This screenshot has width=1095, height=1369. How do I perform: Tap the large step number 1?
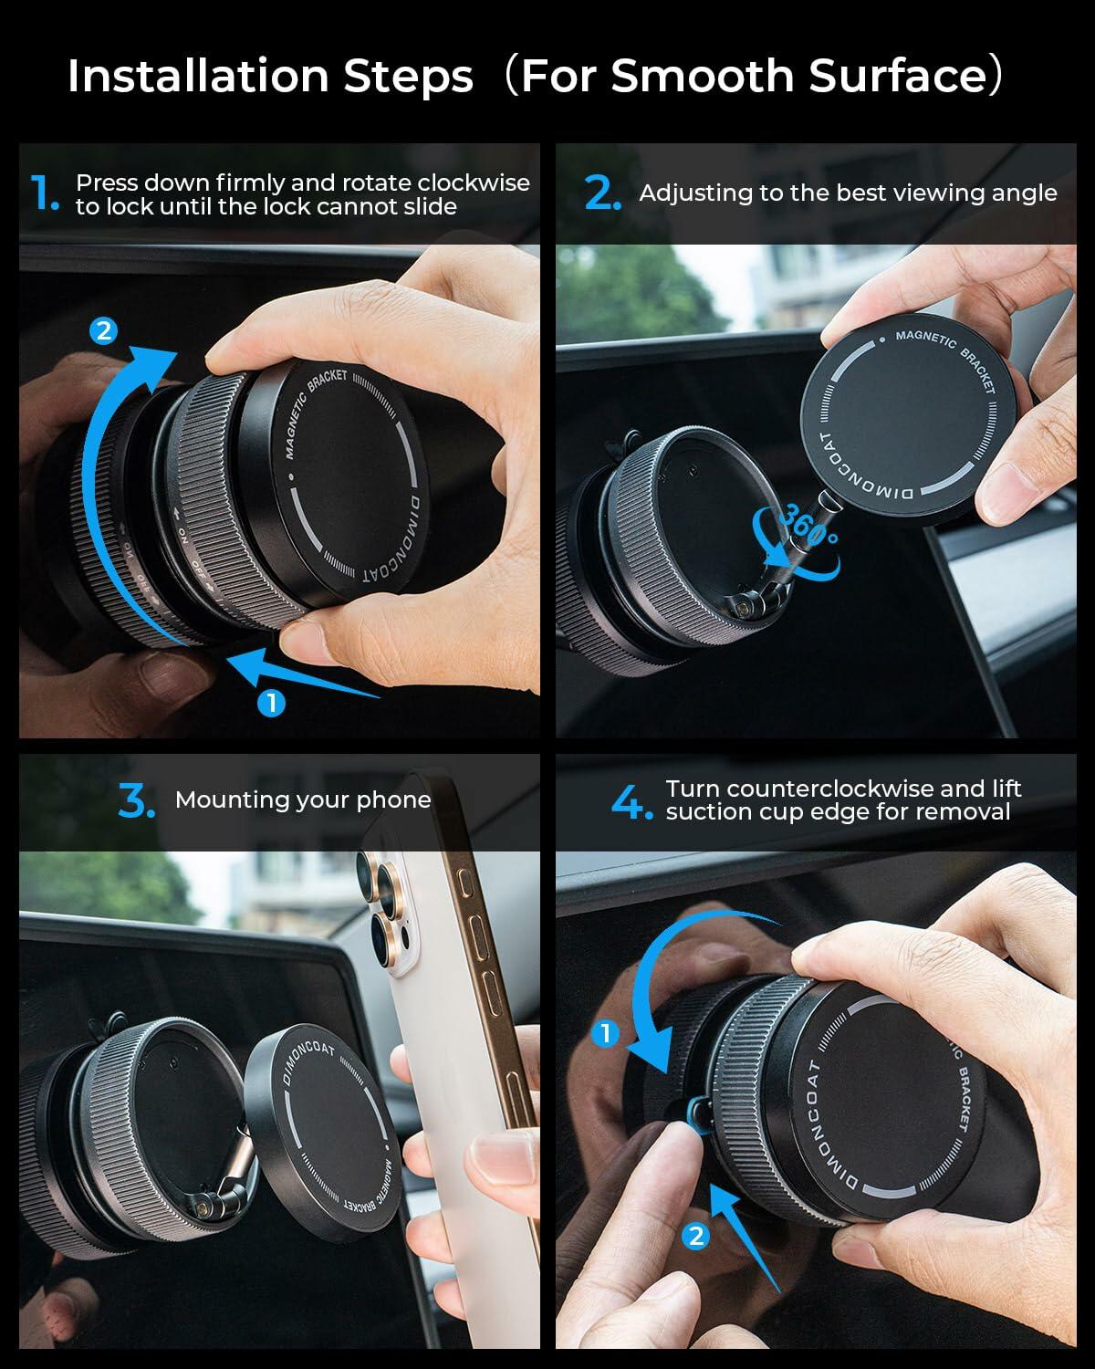click(42, 193)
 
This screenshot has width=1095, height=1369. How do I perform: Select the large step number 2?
click(602, 193)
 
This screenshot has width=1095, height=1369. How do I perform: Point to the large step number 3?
click(137, 800)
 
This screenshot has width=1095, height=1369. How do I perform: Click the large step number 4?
click(631, 802)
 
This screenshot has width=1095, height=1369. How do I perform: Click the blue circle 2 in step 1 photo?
click(104, 330)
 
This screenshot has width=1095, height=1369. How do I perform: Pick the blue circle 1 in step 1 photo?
click(271, 703)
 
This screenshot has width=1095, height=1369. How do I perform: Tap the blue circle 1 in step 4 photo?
click(605, 1033)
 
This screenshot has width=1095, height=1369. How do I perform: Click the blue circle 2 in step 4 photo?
click(696, 1236)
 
